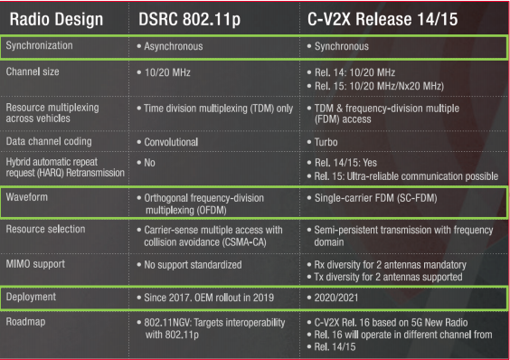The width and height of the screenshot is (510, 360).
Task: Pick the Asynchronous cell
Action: (174, 44)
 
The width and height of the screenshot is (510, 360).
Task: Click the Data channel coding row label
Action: (46, 142)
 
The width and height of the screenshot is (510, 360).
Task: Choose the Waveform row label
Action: (27, 195)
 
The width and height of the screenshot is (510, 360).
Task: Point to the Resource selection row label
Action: (44, 230)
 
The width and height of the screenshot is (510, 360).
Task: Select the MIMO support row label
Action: (36, 265)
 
